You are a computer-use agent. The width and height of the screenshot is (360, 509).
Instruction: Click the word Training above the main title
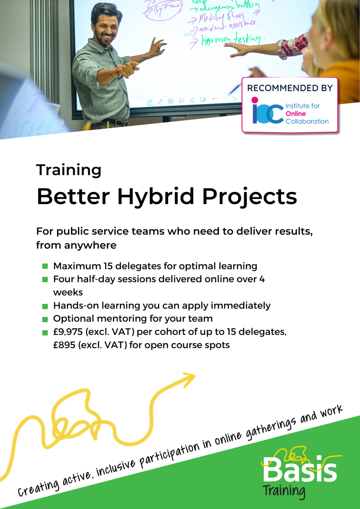pyautogui.click(x=69, y=170)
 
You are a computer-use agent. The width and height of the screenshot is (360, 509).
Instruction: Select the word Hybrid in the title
pyautogui.click(x=155, y=197)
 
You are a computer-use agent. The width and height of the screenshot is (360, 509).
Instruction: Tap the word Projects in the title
pyautogui.click(x=249, y=197)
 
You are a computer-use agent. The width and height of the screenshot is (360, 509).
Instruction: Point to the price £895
pyautogui.click(x=64, y=345)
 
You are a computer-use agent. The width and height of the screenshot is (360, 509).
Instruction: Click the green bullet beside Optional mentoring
pyautogui.click(x=45, y=319)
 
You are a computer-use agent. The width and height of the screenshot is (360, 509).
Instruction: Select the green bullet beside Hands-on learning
pyautogui.click(x=45, y=306)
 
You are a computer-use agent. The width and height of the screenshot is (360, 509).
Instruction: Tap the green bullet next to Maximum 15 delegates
pyautogui.click(x=45, y=266)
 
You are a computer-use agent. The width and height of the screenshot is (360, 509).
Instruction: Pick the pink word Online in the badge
pyautogui.click(x=296, y=114)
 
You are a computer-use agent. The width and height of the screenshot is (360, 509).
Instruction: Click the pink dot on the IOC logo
pyautogui.click(x=255, y=100)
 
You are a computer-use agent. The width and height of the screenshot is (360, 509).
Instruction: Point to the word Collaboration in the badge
pyautogui.click(x=307, y=121)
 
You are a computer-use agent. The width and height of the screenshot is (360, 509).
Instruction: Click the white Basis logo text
pyautogui.click(x=300, y=470)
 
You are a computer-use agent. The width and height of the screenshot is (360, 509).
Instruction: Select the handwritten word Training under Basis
pyautogui.click(x=284, y=491)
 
